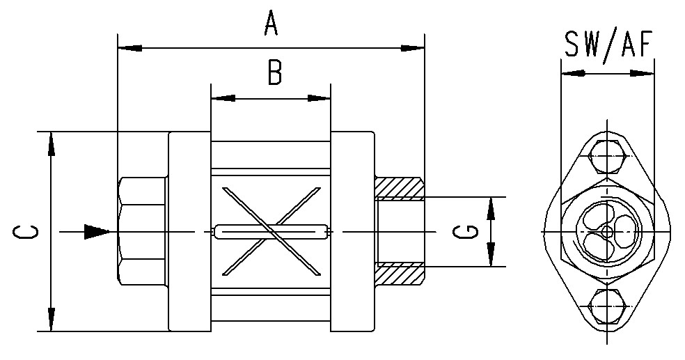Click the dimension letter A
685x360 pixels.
pyautogui.click(x=271, y=24)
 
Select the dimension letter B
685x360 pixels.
pyautogui.click(x=274, y=72)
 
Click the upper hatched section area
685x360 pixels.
pyautogui.click(x=400, y=187)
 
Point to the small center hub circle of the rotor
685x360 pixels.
pyautogui.click(x=606, y=231)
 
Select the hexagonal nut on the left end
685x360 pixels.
pyautogui.click(x=141, y=230)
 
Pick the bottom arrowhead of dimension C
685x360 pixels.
pyautogui.click(x=51, y=318)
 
